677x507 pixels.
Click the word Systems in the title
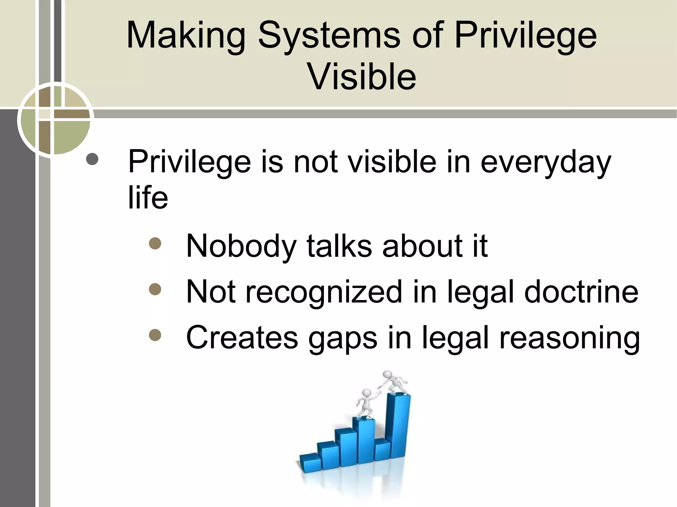[329, 36]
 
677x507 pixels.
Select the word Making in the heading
[185, 36]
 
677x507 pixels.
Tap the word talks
[339, 246]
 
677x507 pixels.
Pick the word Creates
[242, 338]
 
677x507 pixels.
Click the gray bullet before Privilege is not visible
[92, 159]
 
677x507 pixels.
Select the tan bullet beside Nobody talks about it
[155, 243]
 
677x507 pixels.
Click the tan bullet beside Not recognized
[155, 289]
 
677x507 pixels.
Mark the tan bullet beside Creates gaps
[155, 335]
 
